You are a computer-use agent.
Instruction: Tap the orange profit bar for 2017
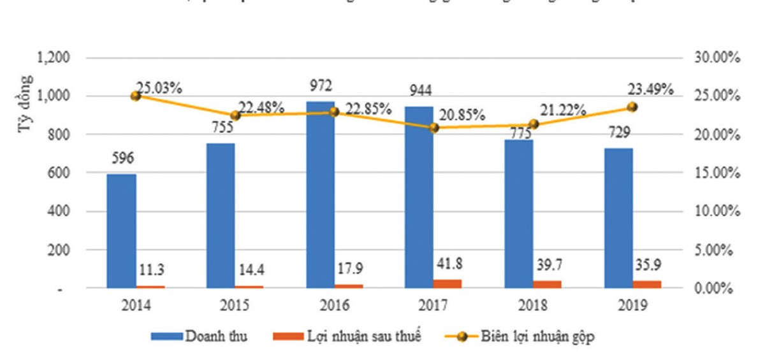click(448, 284)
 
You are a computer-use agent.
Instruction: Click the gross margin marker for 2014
click(135, 96)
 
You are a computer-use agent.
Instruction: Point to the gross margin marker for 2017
click(434, 127)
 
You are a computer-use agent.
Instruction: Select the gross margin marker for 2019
click(632, 107)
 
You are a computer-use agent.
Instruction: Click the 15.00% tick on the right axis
click(716, 173)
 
